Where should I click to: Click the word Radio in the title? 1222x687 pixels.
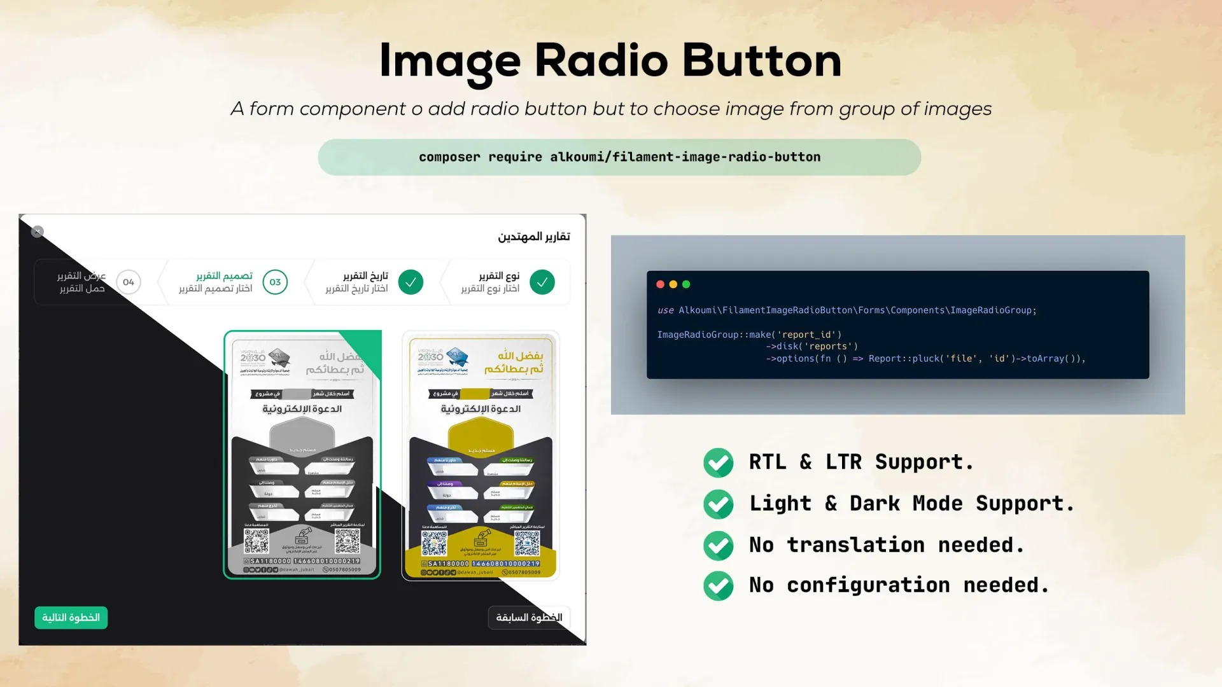[x=601, y=61]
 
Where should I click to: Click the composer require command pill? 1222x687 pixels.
[x=619, y=157]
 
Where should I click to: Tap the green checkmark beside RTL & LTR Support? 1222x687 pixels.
[x=718, y=462]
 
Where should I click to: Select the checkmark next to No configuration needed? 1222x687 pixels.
[x=718, y=586]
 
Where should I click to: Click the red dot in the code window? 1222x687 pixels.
[x=660, y=284]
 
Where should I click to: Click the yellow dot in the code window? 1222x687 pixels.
[x=673, y=284]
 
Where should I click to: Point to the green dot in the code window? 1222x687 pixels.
[x=686, y=284]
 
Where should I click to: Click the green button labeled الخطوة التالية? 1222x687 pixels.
[x=71, y=618]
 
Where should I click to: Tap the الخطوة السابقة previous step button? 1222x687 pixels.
[x=528, y=618]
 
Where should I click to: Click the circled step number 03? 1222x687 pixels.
[x=275, y=282]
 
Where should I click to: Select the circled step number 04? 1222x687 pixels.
[x=129, y=282]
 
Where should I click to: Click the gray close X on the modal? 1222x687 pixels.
[x=38, y=232]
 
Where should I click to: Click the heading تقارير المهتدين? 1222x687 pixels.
[x=533, y=237]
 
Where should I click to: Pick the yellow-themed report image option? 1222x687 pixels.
[x=481, y=455]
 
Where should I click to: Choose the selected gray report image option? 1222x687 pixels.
[x=302, y=455]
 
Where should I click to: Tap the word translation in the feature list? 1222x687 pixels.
[x=855, y=545]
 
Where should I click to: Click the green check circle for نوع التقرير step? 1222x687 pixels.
[x=542, y=282]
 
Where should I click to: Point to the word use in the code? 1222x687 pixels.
[x=665, y=310]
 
